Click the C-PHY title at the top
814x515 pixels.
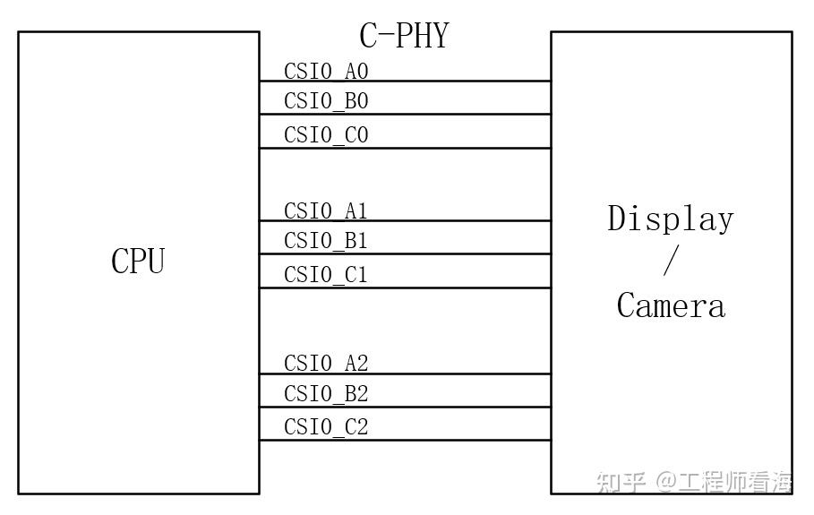[404, 36]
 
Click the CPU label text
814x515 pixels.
[138, 261]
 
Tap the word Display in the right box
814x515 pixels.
[671, 219]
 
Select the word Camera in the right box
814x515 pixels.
[671, 305]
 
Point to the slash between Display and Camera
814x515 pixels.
[671, 261]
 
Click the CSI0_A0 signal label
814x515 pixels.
[326, 72]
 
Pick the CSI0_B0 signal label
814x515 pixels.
[326, 101]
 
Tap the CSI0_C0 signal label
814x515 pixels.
[326, 135]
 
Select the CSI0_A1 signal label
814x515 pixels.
[326, 211]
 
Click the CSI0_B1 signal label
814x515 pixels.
[326, 241]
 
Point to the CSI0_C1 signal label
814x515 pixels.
[326, 275]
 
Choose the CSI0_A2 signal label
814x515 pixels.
[326, 364]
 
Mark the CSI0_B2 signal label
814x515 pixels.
[326, 394]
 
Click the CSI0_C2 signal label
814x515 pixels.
[326, 427]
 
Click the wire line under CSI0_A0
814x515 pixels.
[448, 82]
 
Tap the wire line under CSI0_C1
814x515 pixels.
[448, 288]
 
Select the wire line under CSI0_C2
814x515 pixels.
[448, 440]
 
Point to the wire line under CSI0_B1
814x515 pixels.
[448, 253]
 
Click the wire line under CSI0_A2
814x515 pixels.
[448, 373]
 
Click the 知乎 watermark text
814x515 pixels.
[621, 483]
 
